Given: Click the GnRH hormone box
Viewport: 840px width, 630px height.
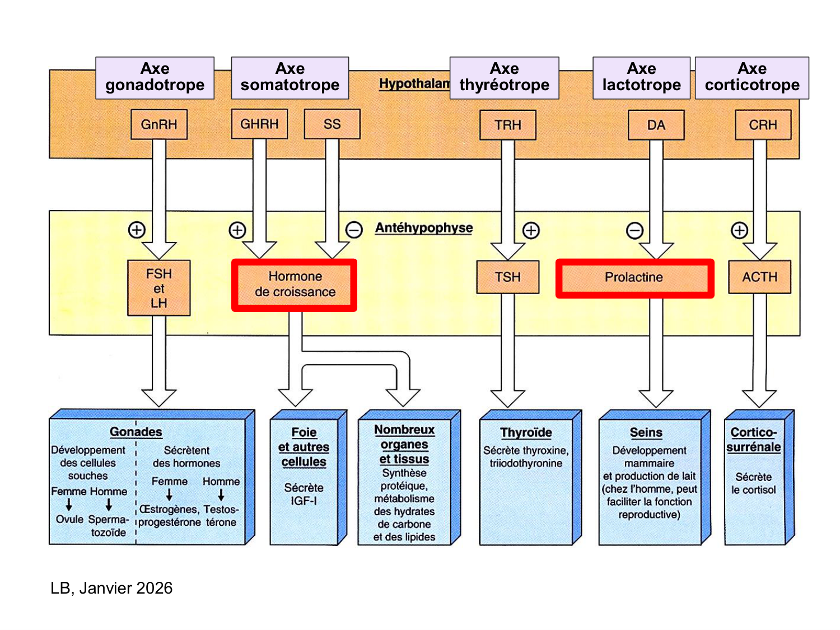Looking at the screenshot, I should tap(159, 124).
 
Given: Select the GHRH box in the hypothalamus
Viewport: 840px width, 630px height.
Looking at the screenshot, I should tap(259, 124).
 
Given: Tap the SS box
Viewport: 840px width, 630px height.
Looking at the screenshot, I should tap(332, 124).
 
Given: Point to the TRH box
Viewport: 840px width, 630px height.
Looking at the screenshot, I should tap(508, 125).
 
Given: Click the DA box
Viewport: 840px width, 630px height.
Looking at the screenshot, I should tap(656, 125).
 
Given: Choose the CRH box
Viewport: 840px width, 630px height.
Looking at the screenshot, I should tap(763, 125).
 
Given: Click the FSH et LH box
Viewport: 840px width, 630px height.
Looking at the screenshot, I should tap(159, 288).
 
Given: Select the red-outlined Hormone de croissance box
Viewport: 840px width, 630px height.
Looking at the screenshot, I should tap(295, 284).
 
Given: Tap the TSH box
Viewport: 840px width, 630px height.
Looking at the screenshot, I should tap(508, 277).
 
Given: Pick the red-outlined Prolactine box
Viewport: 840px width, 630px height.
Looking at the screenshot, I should tap(634, 278).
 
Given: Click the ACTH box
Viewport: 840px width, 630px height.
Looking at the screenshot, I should tap(760, 277).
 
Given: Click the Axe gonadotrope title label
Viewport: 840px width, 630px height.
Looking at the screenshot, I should tap(155, 77).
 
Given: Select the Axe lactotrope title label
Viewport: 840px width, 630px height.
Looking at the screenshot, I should tap(642, 77).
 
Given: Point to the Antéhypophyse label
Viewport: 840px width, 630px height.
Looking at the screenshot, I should tap(424, 228).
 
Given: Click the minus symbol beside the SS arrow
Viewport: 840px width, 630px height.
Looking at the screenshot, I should tap(354, 230).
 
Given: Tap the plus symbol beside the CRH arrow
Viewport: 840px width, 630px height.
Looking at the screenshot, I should tap(740, 230).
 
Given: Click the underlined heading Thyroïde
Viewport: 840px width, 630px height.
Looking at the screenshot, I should tap(526, 433).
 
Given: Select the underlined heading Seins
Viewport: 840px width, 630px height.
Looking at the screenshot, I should tap(646, 433).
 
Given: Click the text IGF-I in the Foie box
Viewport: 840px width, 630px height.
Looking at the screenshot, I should tap(304, 501).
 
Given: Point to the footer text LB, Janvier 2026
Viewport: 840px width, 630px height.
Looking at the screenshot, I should tap(111, 588).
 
